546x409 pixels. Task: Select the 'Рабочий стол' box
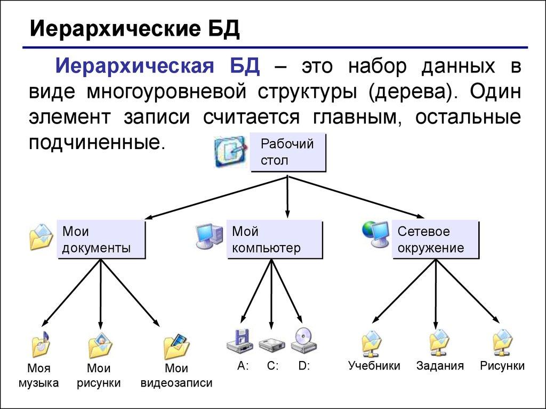287,152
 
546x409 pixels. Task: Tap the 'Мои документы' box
101,240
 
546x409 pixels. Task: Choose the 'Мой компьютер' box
274,240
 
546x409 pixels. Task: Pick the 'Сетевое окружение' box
436,240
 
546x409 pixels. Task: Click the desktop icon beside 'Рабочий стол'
229,152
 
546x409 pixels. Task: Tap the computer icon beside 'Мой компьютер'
208,235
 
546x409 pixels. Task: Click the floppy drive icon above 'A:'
239,341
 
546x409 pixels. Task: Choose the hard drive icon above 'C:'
272,344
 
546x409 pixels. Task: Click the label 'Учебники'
374,366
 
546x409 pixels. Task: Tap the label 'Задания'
440,366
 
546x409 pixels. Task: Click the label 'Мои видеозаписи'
176,375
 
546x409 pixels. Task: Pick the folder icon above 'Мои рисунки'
100,346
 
